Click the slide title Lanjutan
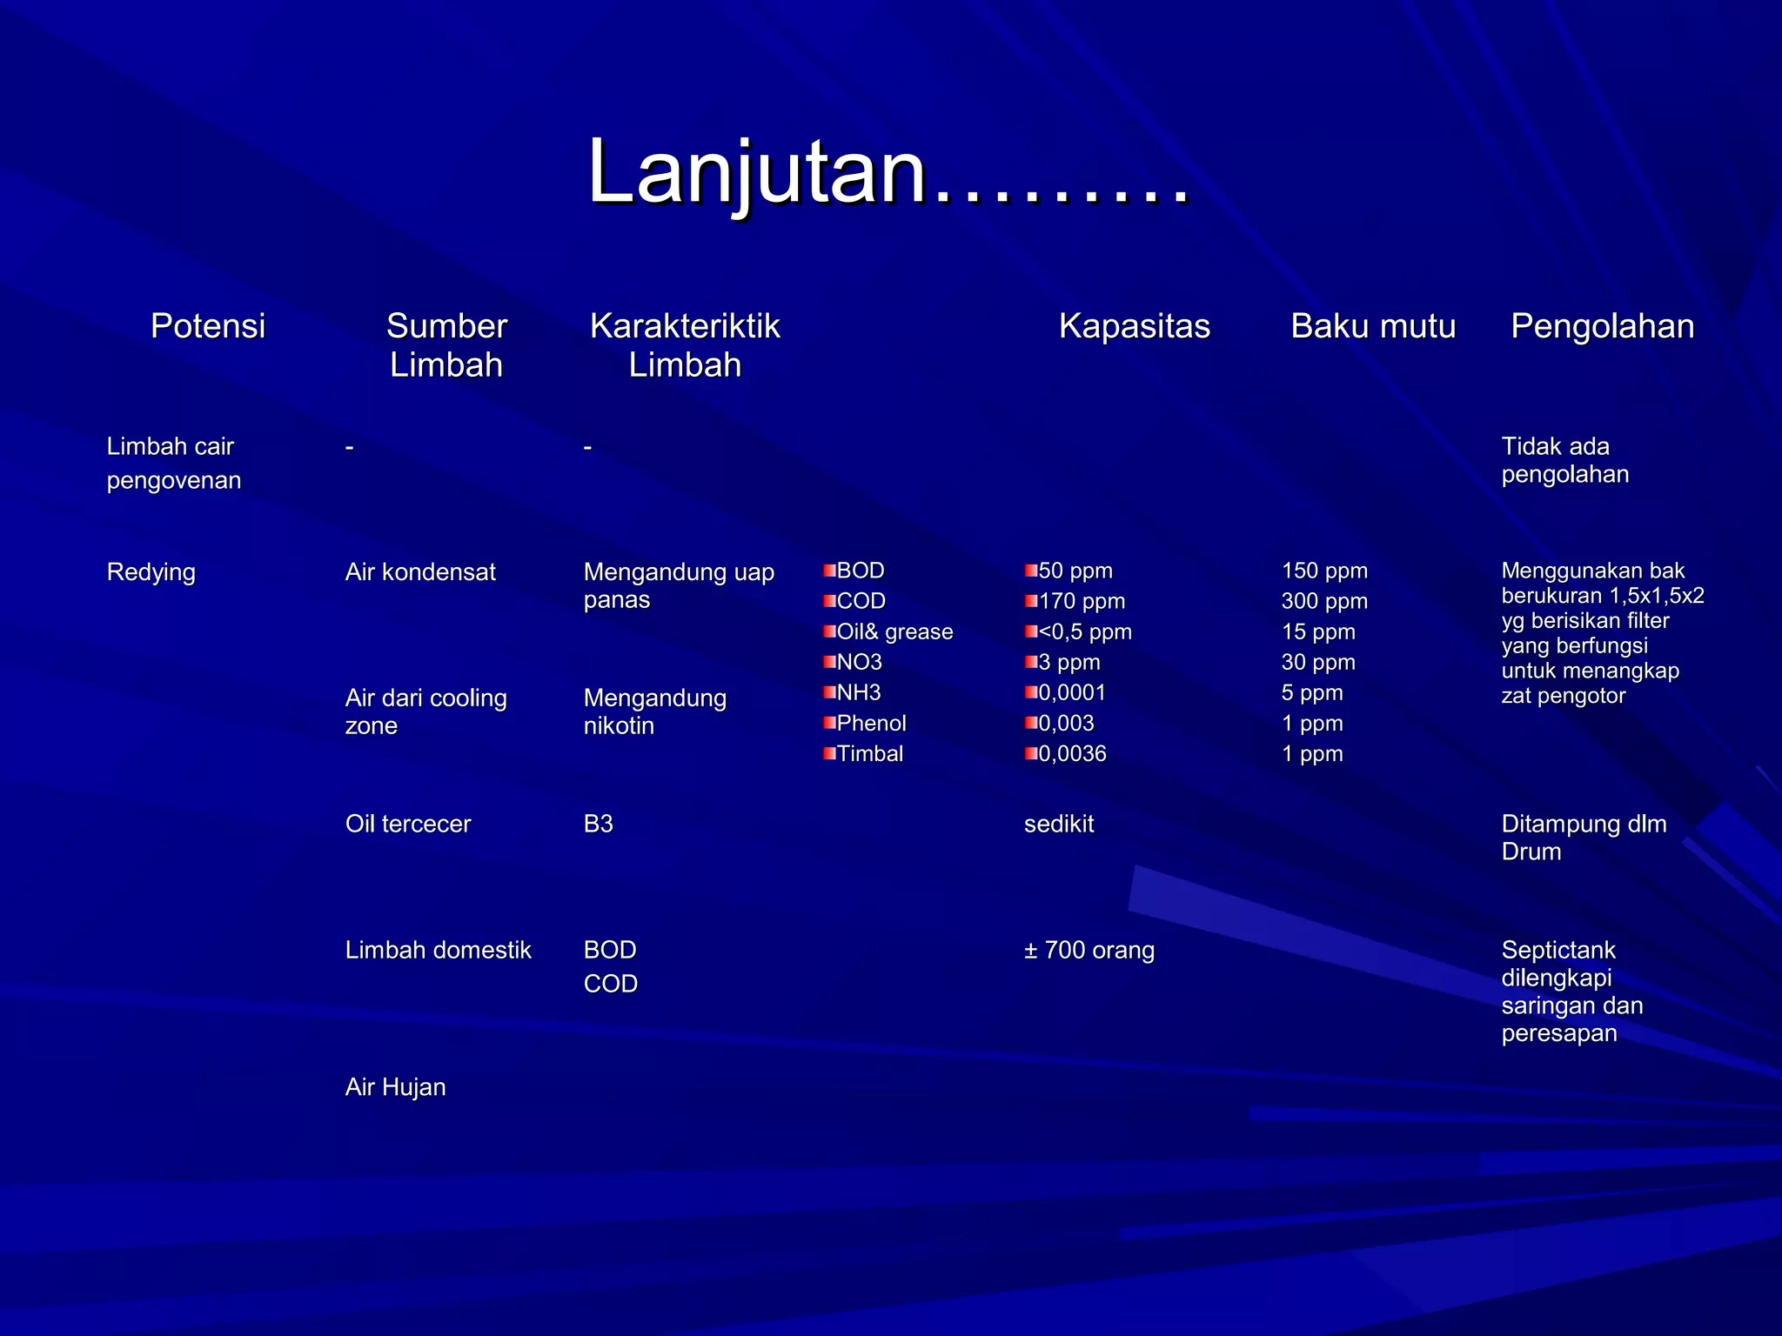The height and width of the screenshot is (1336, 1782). click(x=888, y=171)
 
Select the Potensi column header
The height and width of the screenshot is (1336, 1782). click(x=207, y=326)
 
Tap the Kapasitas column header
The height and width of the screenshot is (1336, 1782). click(x=1134, y=326)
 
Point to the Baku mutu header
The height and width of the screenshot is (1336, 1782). click(x=1372, y=326)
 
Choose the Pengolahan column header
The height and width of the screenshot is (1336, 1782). click(x=1602, y=326)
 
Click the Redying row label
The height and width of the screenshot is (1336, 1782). click(x=151, y=572)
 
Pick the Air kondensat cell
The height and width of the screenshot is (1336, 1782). click(x=420, y=572)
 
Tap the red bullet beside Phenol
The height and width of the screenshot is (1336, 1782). click(x=829, y=723)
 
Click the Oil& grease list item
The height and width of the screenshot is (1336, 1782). click(x=894, y=631)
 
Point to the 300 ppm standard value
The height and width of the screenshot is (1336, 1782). click(x=1324, y=601)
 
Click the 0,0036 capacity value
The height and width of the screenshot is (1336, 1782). click(x=1072, y=753)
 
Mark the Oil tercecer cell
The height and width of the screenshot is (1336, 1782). click(x=408, y=824)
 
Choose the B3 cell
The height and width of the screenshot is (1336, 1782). click(x=599, y=824)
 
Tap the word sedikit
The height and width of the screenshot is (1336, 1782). click(x=1059, y=824)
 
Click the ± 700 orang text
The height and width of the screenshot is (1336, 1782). click(x=1089, y=950)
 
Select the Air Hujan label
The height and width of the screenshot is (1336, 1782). click(x=395, y=1087)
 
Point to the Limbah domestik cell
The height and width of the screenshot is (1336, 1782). click(x=438, y=950)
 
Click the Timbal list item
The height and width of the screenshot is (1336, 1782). click(x=870, y=753)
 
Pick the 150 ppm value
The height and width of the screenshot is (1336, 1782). click(x=1324, y=571)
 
